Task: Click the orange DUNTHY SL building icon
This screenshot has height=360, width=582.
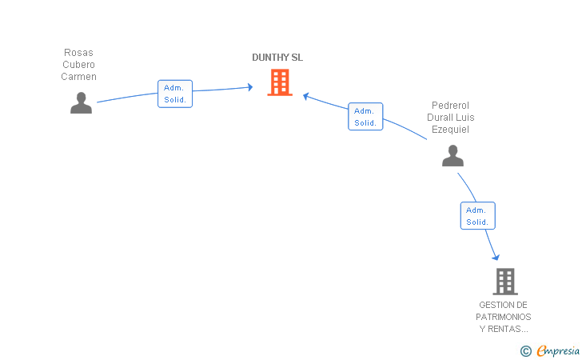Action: pyautogui.click(x=280, y=82)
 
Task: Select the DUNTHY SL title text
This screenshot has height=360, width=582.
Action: pyautogui.click(x=277, y=58)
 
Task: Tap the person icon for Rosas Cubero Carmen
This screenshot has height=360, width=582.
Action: pyautogui.click(x=81, y=103)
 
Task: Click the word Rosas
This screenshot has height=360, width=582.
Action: pyautogui.click(x=78, y=53)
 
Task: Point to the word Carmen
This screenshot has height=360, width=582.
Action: pyautogui.click(x=78, y=77)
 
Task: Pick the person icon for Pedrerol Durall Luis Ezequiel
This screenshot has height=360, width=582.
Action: pyautogui.click(x=452, y=156)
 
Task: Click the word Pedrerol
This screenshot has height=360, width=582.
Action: pyautogui.click(x=450, y=106)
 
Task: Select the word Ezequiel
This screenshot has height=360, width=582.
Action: pyautogui.click(x=450, y=130)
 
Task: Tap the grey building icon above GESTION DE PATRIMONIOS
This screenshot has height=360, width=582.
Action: pyautogui.click(x=504, y=281)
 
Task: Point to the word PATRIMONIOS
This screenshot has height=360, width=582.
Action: pyautogui.click(x=504, y=317)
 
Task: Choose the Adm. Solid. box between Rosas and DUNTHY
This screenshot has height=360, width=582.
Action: pyautogui.click(x=175, y=94)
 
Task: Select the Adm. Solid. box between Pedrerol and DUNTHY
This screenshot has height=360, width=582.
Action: pyautogui.click(x=365, y=117)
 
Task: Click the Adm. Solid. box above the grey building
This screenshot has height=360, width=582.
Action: pyautogui.click(x=477, y=216)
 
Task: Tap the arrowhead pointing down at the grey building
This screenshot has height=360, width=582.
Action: pyautogui.click(x=496, y=257)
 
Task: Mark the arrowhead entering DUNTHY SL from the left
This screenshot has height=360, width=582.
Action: pyautogui.click(x=249, y=87)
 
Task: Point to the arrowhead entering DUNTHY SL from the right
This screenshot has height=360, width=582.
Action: pyautogui.click(x=306, y=98)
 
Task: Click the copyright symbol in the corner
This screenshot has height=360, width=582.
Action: pyautogui.click(x=525, y=350)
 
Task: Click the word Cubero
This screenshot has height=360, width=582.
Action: pyautogui.click(x=78, y=65)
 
